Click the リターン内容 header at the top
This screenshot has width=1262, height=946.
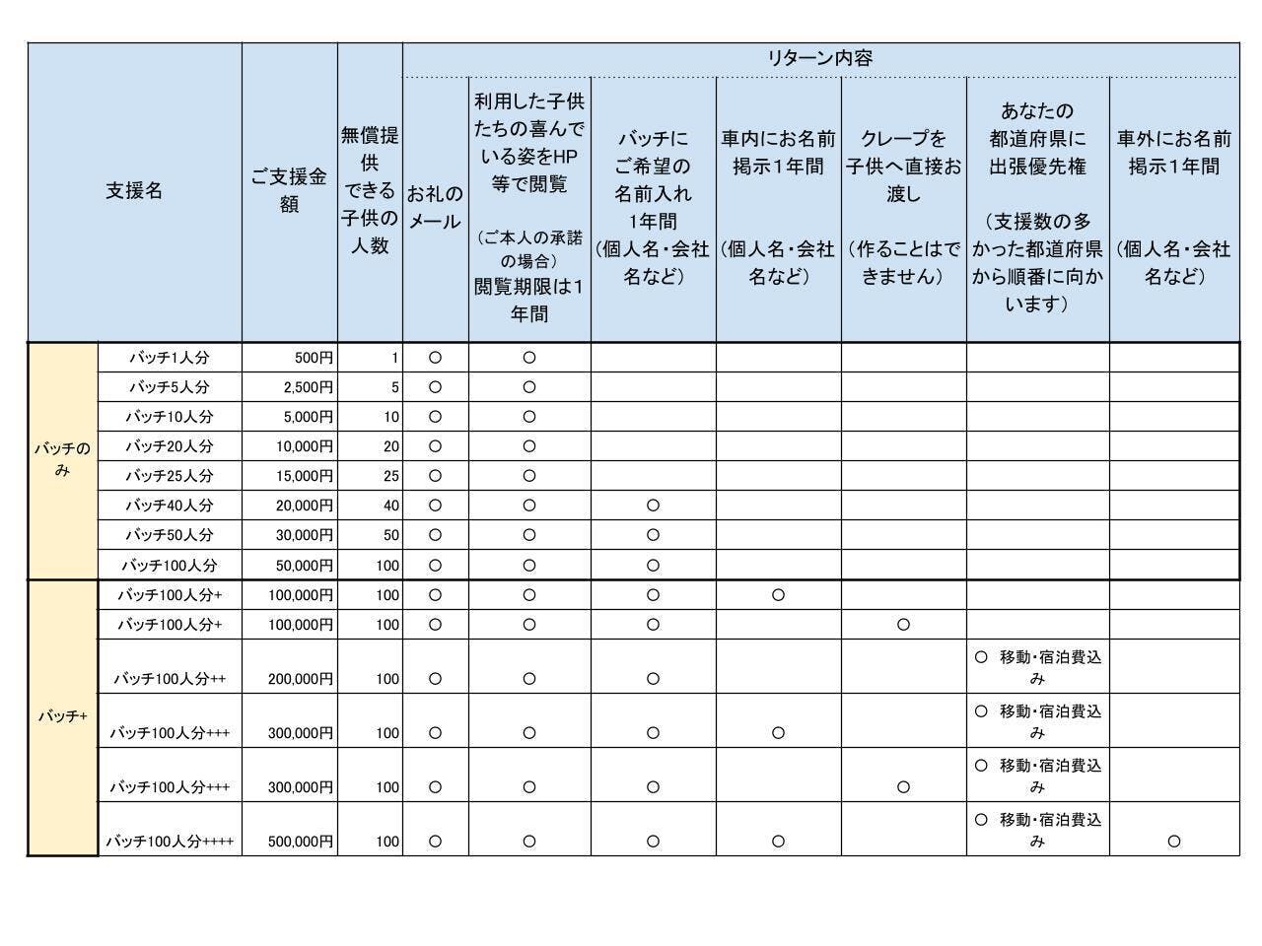[820, 58]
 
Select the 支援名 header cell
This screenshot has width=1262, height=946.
[134, 191]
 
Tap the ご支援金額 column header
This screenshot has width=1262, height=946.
[289, 191]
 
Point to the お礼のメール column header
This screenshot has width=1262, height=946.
[435, 207]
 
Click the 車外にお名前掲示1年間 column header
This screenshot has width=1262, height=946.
[1173, 207]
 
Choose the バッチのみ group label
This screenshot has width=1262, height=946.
[62, 460]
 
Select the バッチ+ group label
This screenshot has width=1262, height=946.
[62, 716]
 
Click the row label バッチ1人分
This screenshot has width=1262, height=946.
[170, 358]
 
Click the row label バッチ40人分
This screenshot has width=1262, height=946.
[170, 506]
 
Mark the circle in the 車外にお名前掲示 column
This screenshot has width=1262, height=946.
[1173, 842]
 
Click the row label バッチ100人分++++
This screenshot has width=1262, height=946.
[170, 842]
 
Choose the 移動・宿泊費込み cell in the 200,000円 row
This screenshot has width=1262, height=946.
[1037, 667]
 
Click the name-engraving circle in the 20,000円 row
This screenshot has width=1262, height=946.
[653, 506]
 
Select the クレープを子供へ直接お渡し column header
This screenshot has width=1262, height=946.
[903, 207]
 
